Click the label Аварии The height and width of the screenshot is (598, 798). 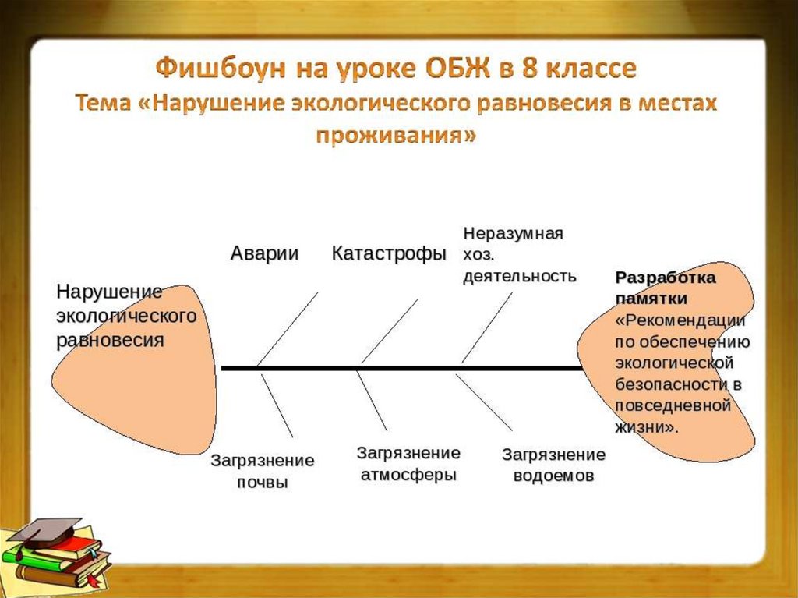point(264,254)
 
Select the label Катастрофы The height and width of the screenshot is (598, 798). point(389,254)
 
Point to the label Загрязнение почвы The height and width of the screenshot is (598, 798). point(263,471)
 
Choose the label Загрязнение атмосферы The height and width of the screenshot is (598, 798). point(408,464)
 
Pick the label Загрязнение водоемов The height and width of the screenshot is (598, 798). point(553,465)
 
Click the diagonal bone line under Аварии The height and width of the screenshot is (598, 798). point(288,328)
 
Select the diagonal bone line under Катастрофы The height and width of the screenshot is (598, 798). point(390,331)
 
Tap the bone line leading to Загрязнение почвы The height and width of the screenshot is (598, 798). point(277,405)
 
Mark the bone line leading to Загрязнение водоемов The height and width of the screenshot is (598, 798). point(484,402)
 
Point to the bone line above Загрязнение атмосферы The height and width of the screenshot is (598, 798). point(372,400)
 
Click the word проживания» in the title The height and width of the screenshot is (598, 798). point(395,135)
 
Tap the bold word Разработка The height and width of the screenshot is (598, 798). point(666,278)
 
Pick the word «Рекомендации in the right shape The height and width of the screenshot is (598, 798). point(680,320)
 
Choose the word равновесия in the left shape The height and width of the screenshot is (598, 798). point(109,341)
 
